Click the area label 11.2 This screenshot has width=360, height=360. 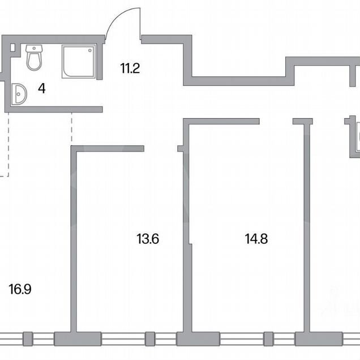130,68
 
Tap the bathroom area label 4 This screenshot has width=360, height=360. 42,88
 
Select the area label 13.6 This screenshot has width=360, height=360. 148,239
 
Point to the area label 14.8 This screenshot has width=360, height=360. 256,239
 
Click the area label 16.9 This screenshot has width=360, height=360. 20,289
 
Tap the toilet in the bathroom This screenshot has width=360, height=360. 34,57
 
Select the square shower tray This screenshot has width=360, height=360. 79,61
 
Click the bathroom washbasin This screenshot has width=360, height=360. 19,95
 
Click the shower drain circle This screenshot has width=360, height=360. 90,50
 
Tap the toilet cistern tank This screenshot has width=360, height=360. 34,49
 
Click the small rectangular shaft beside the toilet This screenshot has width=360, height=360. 13,48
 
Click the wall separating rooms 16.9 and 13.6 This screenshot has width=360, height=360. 74,239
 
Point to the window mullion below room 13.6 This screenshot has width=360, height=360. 150,339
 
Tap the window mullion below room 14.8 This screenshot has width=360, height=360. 268,339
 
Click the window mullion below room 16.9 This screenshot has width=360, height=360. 28,339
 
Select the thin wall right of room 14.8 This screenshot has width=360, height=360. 307,228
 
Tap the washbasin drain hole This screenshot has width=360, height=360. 18,94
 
